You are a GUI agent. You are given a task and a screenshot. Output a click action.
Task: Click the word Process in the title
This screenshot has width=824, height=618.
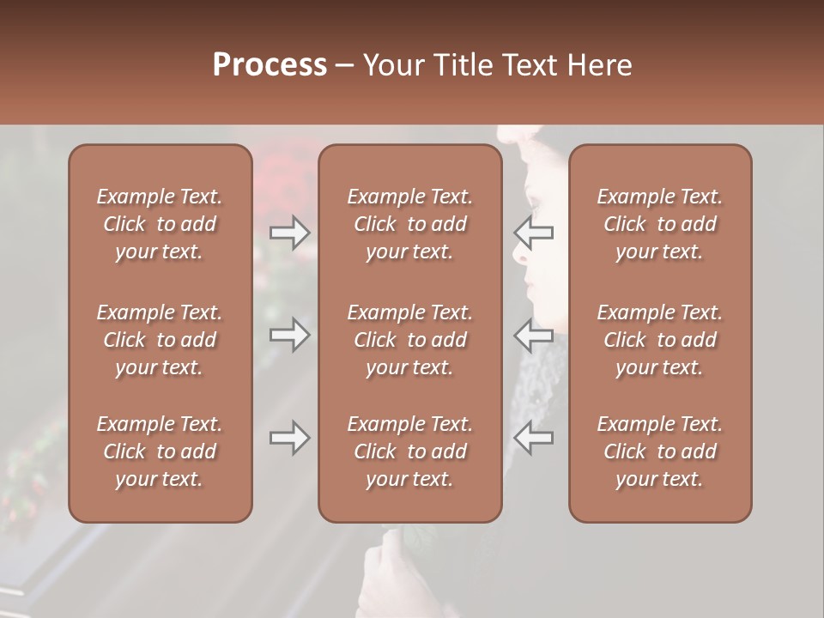(x=270, y=65)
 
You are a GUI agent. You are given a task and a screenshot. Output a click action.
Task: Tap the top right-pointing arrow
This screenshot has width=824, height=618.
(x=290, y=233)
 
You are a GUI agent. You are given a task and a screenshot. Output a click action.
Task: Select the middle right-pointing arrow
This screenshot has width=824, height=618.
(x=290, y=334)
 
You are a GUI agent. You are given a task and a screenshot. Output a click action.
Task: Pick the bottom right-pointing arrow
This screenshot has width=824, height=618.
(x=290, y=439)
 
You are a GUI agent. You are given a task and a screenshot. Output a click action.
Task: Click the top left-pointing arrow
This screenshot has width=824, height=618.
(x=534, y=233)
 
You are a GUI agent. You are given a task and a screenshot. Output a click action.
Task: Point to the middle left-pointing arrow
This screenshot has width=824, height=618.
(x=534, y=334)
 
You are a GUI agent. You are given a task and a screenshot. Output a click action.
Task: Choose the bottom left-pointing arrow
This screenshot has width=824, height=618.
(x=534, y=439)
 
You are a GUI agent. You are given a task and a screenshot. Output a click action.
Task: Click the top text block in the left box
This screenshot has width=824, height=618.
(x=160, y=224)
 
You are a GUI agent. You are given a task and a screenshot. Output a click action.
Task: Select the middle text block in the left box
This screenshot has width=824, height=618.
(x=160, y=340)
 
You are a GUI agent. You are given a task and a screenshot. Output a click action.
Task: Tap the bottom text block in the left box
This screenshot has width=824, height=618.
(x=160, y=451)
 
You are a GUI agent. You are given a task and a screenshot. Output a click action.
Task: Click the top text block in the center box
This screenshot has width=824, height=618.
(x=410, y=224)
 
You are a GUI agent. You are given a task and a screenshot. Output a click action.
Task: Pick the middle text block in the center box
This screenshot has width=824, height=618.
(x=410, y=340)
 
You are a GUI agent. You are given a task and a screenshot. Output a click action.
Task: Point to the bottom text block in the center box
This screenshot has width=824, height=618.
(x=410, y=451)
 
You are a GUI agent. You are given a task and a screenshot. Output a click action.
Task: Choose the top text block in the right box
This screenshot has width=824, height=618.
(x=660, y=224)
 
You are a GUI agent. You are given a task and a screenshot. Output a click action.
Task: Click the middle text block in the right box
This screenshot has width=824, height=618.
(x=660, y=340)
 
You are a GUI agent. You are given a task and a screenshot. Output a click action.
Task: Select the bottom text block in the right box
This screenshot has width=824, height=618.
(x=660, y=451)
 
